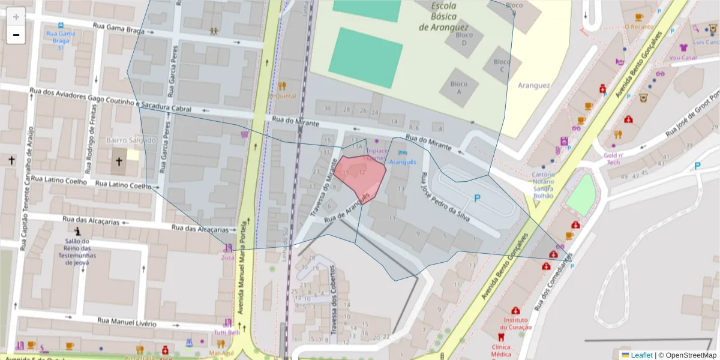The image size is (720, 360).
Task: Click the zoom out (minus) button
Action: tap(16, 35)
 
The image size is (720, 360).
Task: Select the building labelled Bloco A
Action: tap(459, 88)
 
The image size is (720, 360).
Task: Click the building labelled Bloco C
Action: tap(502, 65)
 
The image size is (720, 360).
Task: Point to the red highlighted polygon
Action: tap(360, 175)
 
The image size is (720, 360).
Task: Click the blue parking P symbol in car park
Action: tap(477, 197)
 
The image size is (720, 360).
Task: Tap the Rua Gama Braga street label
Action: tap(119, 28)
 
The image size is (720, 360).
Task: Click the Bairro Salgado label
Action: tap(131, 140)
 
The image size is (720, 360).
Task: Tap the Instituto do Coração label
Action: tap(515, 324)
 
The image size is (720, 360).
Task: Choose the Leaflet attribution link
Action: tap(641, 355)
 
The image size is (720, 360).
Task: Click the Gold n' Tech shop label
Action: tap(613, 158)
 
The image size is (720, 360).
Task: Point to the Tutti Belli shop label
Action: tap(227, 332)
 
